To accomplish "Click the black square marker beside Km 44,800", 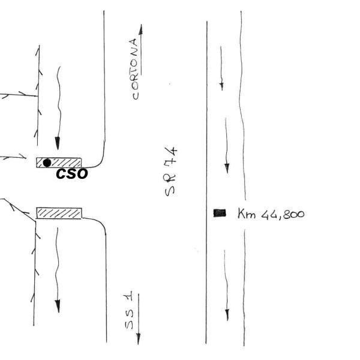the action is pos(220,212).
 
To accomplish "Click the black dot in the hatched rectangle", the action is pos(47,163).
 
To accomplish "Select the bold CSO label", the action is pos(71,175).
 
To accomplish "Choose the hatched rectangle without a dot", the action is pos(59,212).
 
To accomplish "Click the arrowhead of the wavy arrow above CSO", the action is pos(58,143).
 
